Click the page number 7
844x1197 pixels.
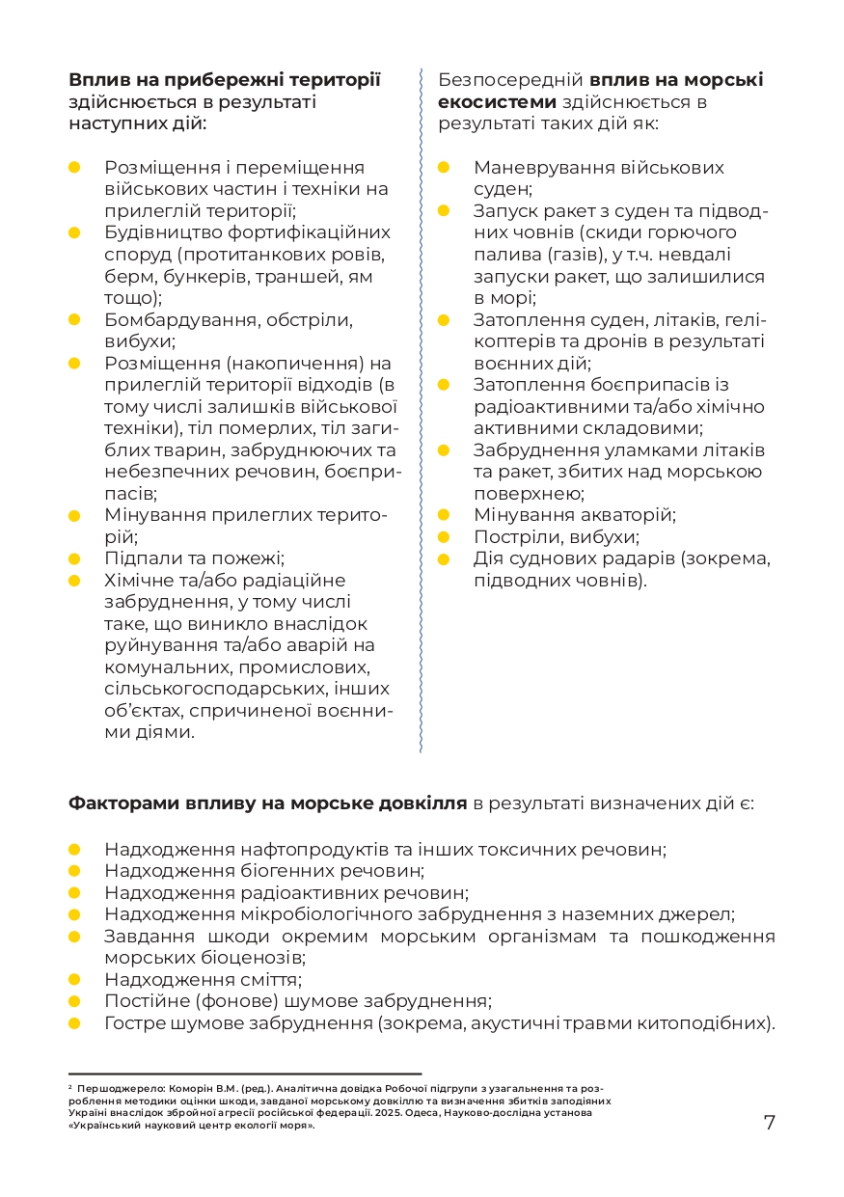(769, 1123)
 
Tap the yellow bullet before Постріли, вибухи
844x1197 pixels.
(444, 537)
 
